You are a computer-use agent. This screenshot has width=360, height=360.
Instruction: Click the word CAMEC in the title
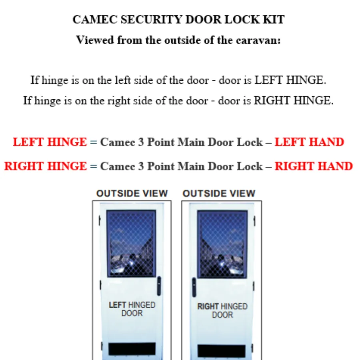click(x=95, y=19)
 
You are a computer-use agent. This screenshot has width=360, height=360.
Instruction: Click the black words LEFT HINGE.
click(x=290, y=80)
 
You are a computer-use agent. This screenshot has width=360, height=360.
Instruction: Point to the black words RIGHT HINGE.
click(x=294, y=100)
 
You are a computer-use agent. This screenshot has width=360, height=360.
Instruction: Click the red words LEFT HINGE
click(x=50, y=142)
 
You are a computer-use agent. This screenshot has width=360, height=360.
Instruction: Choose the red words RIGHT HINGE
click(x=46, y=166)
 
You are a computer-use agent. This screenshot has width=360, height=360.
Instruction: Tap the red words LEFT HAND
click(x=309, y=142)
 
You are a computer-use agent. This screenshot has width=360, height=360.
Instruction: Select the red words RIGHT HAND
click(x=314, y=166)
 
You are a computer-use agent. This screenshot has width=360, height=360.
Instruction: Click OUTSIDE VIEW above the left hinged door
click(x=132, y=193)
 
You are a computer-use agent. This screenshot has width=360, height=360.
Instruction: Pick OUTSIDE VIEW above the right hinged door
click(x=219, y=193)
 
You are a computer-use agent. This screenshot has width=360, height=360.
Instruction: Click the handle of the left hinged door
click(x=159, y=286)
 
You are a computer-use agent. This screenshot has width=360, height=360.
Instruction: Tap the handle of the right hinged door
click(x=194, y=287)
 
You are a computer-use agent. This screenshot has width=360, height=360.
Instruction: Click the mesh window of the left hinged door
click(x=131, y=244)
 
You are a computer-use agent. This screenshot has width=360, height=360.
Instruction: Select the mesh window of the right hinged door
click(x=222, y=244)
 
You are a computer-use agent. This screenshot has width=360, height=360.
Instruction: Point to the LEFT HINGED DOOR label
click(x=132, y=309)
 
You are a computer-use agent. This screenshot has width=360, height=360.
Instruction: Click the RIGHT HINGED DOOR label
click(x=222, y=310)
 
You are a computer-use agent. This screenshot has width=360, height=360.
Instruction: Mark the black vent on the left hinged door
click(x=132, y=349)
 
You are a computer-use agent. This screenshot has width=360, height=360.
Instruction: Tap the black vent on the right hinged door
click(x=222, y=351)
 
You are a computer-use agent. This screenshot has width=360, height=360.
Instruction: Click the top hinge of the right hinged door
click(x=254, y=221)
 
